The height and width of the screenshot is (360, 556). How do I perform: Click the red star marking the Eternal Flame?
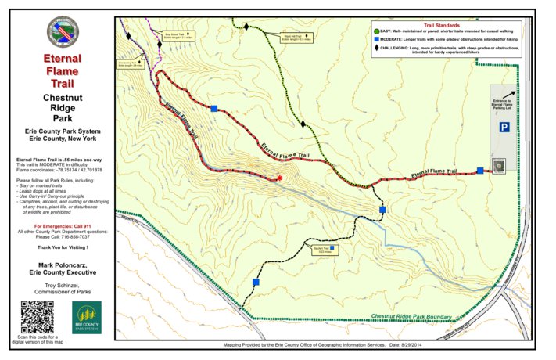click(279, 178)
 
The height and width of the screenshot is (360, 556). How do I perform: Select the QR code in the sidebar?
click(35, 316)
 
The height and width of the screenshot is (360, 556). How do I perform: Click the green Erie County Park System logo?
click(86, 316)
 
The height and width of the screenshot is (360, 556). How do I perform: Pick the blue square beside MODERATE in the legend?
click(376, 38)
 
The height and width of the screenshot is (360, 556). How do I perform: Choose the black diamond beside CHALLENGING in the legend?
click(376, 49)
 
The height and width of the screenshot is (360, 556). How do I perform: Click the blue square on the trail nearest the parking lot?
click(480, 171)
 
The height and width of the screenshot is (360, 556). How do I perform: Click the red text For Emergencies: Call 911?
click(61, 225)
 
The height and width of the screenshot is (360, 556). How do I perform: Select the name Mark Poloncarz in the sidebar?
click(61, 265)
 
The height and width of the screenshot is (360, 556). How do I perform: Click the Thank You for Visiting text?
click(61, 247)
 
